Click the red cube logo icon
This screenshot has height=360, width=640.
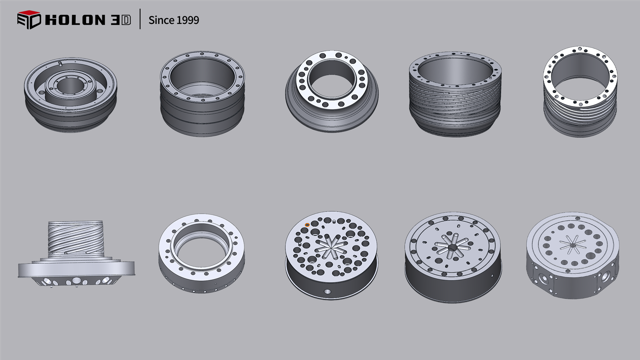point(29,20)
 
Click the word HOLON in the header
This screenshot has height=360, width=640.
point(75,20)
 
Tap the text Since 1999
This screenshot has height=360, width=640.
point(174,20)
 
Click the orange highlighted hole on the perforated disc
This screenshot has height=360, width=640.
point(307,225)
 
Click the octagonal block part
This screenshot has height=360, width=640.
point(573,255)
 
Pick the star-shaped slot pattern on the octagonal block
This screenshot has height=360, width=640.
point(573,245)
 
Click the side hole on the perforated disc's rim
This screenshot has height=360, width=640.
point(327,292)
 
